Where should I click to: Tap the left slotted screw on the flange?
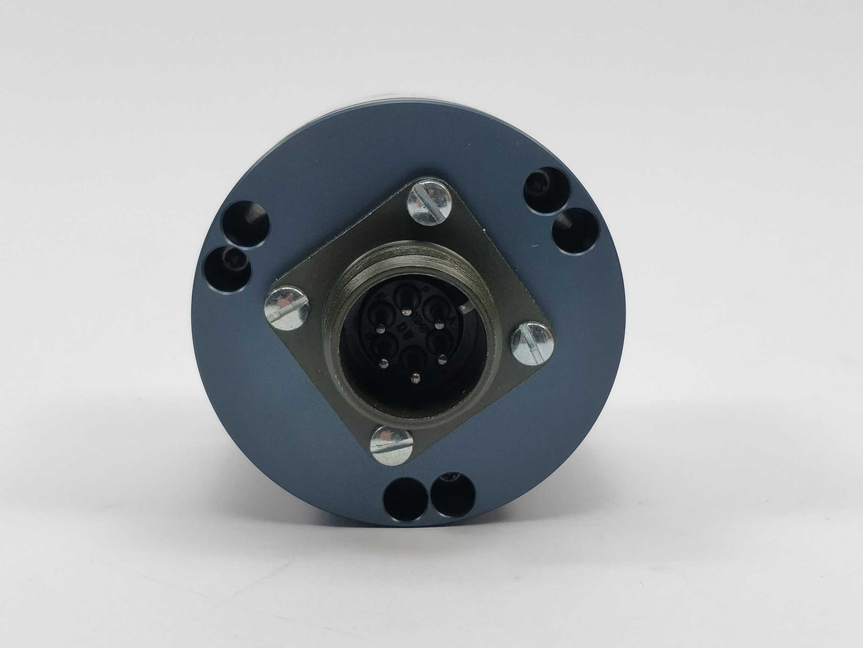coord(286,308)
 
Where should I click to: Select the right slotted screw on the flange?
coord(532,344)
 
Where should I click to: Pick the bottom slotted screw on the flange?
coord(392,445)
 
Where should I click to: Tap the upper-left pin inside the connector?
coord(377,329)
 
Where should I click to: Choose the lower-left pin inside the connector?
coord(385,363)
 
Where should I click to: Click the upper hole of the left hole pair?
coord(246,223)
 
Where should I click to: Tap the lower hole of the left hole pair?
coord(227,268)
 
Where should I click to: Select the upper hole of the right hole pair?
coord(547,190)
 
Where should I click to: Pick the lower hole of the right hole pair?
coord(576,230)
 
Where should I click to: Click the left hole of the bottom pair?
coord(404,498)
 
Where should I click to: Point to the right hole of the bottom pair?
coord(453,494)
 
